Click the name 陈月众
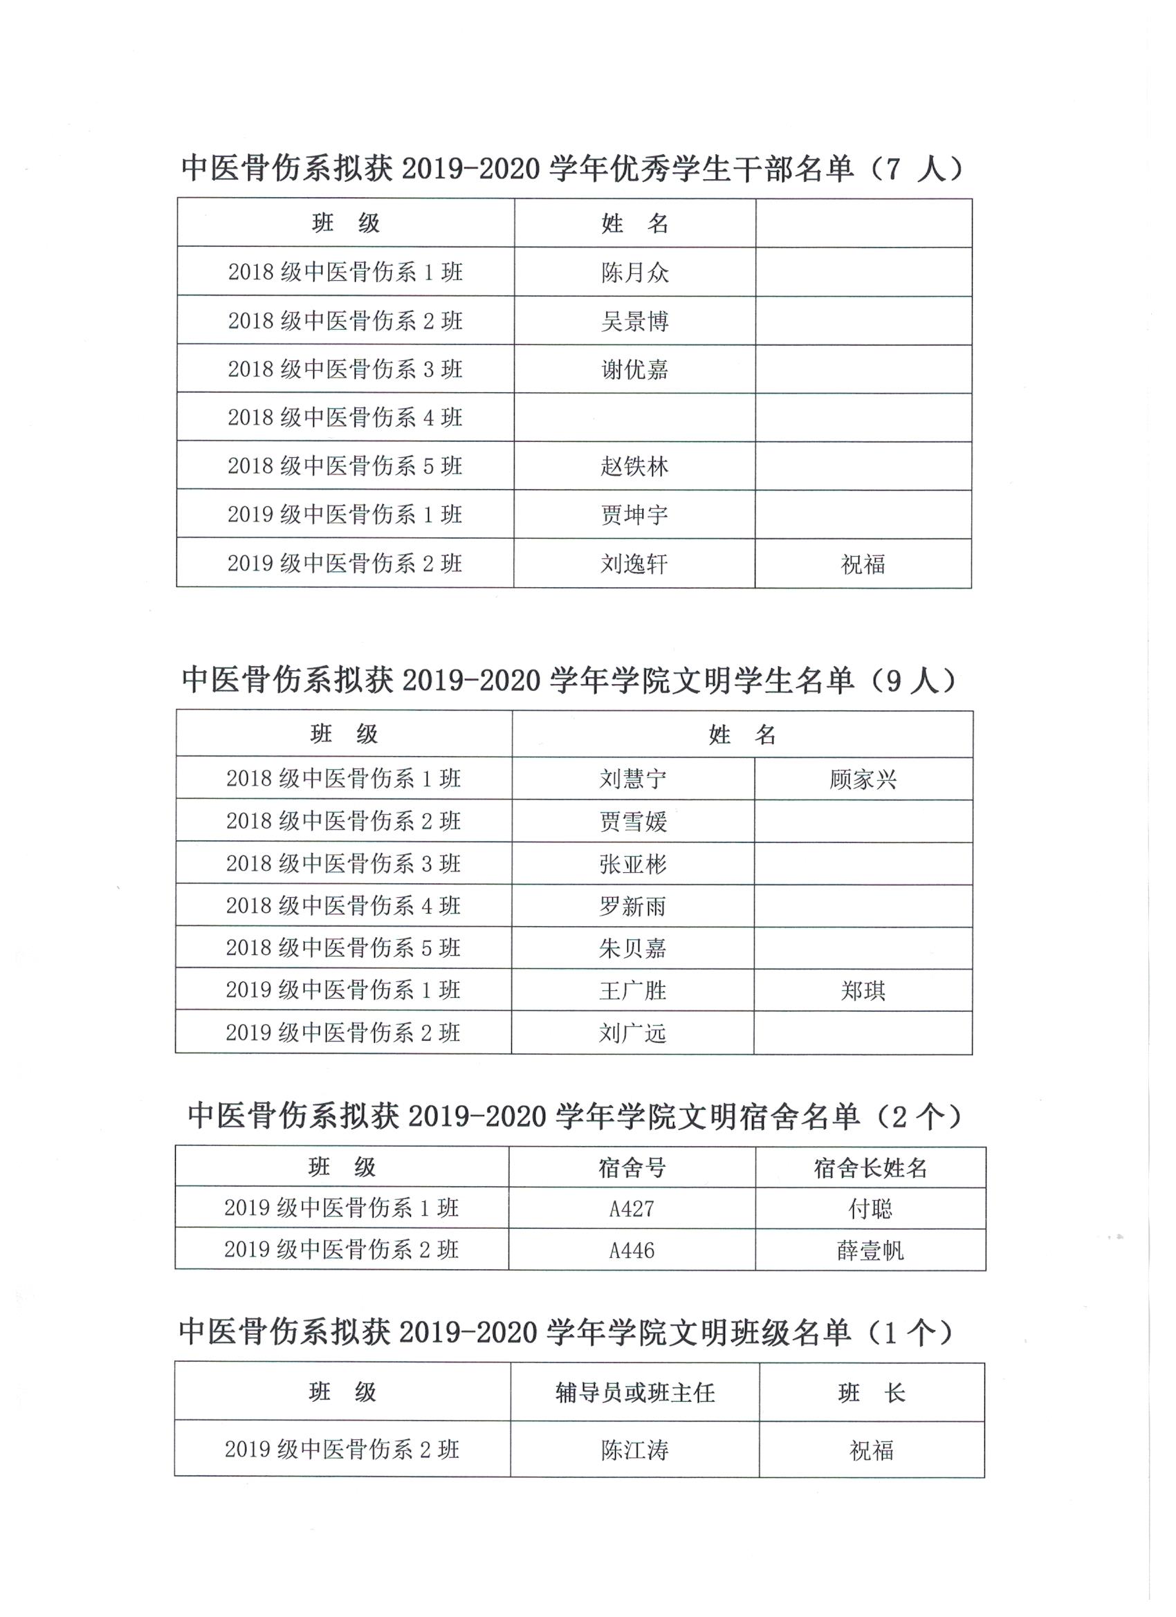(634, 272)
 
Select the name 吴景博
(634, 321)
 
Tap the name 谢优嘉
(634, 369)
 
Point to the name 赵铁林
(634, 466)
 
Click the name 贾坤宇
(634, 515)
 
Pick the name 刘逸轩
(634, 564)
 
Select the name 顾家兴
(863, 779)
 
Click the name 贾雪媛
(632, 822)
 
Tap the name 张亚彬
(632, 864)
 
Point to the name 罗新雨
(632, 906)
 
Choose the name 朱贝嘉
(632, 948)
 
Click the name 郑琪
(863, 990)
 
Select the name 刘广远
(632, 1033)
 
